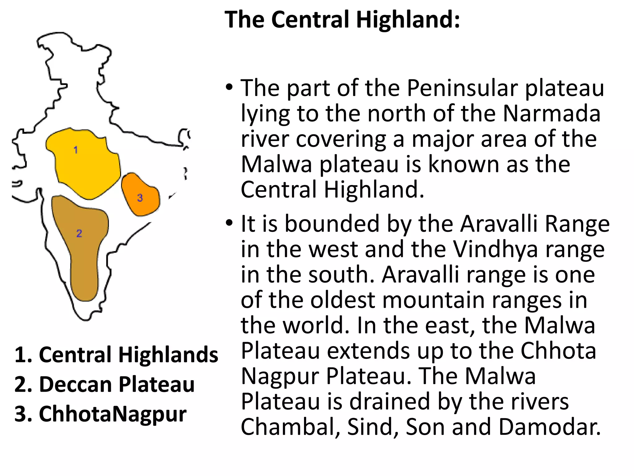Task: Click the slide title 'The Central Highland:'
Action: (342, 20)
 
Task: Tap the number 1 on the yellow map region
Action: (76, 150)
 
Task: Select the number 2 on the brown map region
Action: (79, 233)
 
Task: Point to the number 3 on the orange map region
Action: (140, 198)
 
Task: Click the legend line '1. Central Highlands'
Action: (116, 355)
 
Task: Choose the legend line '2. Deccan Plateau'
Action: (104, 384)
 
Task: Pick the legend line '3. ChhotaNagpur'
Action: (100, 414)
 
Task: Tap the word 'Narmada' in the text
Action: (552, 114)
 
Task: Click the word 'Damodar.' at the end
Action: (549, 427)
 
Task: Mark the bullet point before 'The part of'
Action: (229, 87)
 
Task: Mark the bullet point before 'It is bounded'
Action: (229, 223)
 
